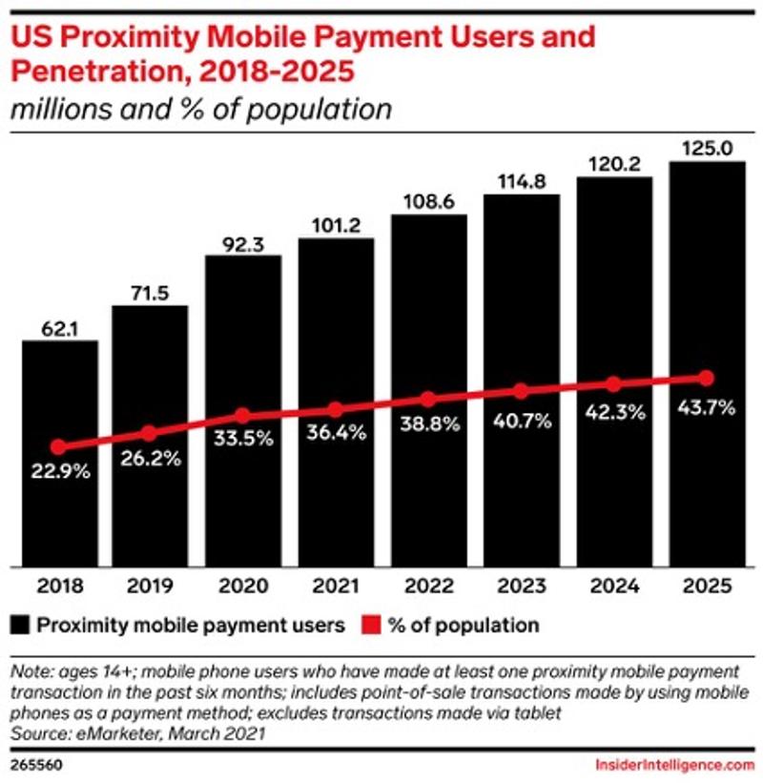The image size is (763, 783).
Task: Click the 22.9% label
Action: pos(59,470)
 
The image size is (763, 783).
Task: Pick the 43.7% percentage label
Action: pos(707,407)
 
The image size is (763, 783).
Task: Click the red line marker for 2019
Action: pos(149,433)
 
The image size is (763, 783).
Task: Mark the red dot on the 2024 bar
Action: pos(614,384)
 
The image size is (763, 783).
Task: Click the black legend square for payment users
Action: pos(19,626)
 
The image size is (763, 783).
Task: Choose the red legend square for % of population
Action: pos(370,626)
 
